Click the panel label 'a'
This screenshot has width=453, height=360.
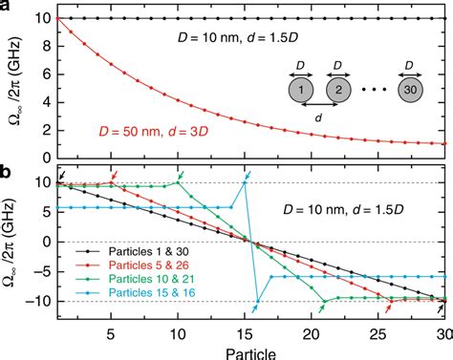pos(6,7)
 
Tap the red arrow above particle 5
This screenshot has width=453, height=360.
pos(114,174)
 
